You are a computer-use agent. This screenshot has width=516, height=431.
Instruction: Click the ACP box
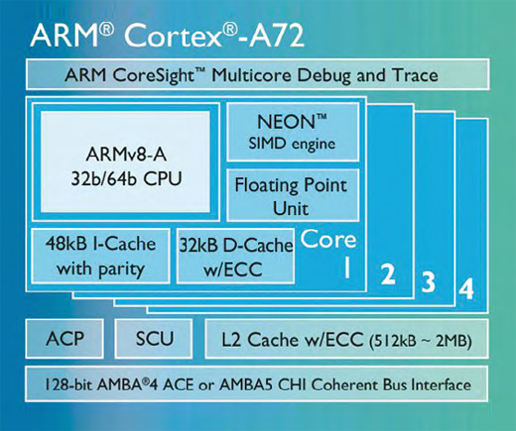pos(64,339)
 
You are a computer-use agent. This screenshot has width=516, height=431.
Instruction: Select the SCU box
pos(154,339)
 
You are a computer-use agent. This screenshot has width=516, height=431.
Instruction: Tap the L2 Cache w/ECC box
pos(346,339)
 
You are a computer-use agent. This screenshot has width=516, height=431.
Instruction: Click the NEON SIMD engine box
pos(293,132)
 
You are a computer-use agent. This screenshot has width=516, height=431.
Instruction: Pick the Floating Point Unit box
pos(293,195)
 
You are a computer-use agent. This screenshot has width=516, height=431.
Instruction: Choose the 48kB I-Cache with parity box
pos(100,256)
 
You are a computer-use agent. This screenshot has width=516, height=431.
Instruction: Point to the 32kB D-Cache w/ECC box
pos(235,256)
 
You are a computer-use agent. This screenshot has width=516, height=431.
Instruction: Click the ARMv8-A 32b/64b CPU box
pos(126,162)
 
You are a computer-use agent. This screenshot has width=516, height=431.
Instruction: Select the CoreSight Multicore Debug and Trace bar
pos(257,74)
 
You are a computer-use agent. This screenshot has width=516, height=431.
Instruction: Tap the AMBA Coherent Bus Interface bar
pos(257,384)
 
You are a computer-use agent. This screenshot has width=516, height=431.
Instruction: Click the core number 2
pos(388,273)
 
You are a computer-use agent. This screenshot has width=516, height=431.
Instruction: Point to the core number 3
pos(429,281)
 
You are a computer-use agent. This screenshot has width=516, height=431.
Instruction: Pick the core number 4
pos(466,288)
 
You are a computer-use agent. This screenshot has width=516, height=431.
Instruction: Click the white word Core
pos(328,239)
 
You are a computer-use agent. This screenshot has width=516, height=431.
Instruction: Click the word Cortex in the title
pos(173,35)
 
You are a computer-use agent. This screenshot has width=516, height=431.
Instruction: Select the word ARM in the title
pos(64,35)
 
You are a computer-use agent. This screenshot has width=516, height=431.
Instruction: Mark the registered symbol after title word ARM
pos(106,30)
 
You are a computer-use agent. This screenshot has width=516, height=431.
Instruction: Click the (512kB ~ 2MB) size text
pos(420,341)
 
